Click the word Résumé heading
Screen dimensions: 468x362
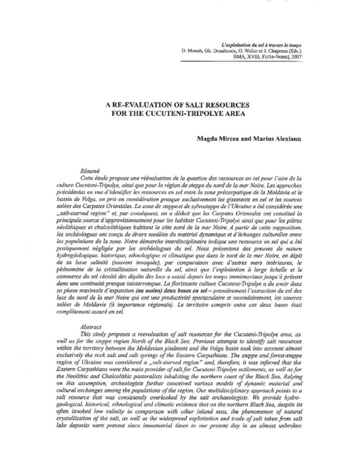[x=89, y=172]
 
